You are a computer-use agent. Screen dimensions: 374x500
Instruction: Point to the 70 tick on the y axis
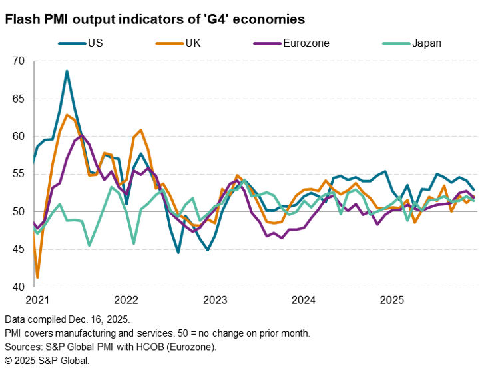[x=18, y=61]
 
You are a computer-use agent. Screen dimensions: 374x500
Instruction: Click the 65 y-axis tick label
[x=18, y=99]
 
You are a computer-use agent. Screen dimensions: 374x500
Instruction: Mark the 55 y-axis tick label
[x=18, y=174]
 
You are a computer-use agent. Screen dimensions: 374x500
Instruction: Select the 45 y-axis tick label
[x=18, y=249]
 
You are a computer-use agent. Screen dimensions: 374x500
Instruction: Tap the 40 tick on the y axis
[x=18, y=287]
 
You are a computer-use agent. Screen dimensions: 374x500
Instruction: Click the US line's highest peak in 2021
[x=67, y=71]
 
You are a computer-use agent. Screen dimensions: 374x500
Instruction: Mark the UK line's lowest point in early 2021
[x=37, y=277]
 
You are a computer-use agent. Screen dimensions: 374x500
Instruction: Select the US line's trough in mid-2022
[x=178, y=253]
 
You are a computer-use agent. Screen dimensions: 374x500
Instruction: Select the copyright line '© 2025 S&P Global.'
[x=47, y=360]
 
